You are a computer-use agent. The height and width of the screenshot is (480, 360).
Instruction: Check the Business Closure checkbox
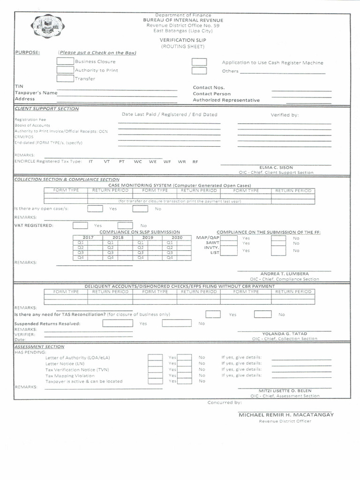pyautogui.click(x=65, y=61)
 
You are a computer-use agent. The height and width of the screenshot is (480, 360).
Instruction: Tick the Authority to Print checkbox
pyautogui.click(x=65, y=70)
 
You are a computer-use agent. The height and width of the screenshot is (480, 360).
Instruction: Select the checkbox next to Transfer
pyautogui.click(x=65, y=78)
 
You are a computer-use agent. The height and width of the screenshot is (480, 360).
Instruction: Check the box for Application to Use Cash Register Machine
pyautogui.click(x=199, y=62)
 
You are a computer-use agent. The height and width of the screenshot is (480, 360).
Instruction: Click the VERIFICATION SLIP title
pyautogui.click(x=183, y=40)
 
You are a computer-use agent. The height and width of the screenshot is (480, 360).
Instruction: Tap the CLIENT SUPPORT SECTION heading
pyautogui.click(x=46, y=109)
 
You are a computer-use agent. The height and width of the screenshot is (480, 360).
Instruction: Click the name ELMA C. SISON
pyautogui.click(x=276, y=167)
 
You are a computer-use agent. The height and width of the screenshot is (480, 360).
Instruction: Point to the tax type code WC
pyautogui.click(x=138, y=161)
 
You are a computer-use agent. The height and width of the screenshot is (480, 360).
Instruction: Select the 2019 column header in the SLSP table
pyautogui.click(x=148, y=238)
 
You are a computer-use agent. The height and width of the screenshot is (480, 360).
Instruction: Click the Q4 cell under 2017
pyautogui.click(x=81, y=257)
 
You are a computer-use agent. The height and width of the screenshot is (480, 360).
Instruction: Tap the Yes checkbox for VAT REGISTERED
pyautogui.click(x=80, y=225)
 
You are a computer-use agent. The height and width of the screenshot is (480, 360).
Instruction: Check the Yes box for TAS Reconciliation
pyautogui.click(x=213, y=314)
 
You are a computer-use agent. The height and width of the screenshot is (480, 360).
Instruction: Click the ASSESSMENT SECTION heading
pyautogui.click(x=39, y=346)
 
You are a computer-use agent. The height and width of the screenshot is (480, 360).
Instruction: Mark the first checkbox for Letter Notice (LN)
pyautogui.click(x=155, y=363)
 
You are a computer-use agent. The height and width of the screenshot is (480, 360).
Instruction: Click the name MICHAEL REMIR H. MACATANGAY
pyautogui.click(x=286, y=415)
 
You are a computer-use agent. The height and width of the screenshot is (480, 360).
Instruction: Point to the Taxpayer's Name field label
pyautogui.click(x=36, y=93)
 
